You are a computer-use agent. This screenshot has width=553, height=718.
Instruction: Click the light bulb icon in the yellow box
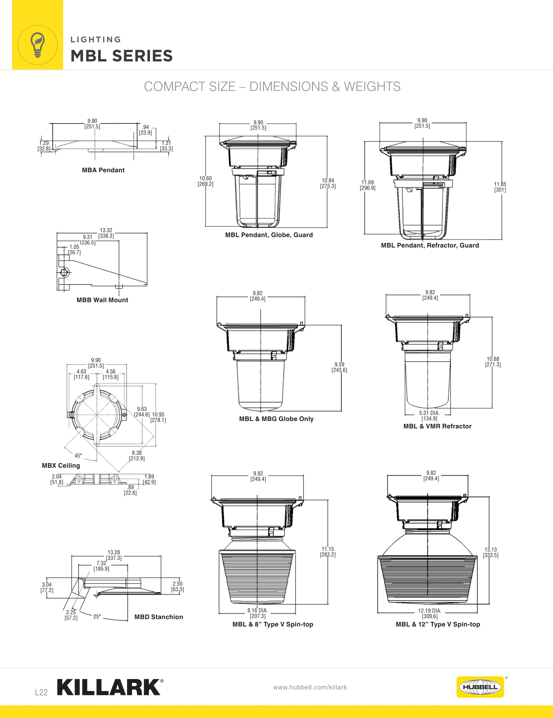click(37, 45)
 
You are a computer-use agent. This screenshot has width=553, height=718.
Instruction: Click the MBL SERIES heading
click(122, 56)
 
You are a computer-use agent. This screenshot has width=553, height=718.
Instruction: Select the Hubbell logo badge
click(480, 687)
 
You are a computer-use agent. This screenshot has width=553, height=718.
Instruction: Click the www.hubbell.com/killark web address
click(310, 687)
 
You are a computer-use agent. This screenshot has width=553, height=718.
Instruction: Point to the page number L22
click(41, 692)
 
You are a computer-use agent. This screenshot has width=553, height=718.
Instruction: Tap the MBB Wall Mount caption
click(102, 300)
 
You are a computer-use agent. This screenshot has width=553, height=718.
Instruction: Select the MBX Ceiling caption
click(61, 466)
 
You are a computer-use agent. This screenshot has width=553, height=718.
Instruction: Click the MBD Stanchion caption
click(159, 617)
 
